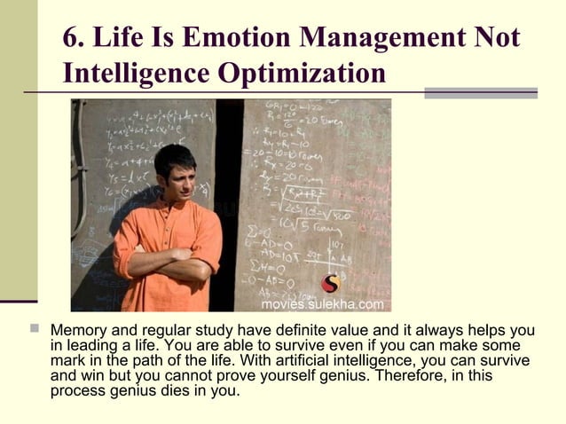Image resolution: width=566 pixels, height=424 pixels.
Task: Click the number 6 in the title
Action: pos(72,39)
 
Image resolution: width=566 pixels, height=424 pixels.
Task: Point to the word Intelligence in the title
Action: pos(130,72)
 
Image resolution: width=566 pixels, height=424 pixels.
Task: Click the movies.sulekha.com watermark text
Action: pos(322,304)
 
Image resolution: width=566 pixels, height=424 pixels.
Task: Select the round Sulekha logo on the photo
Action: pos(330,283)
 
